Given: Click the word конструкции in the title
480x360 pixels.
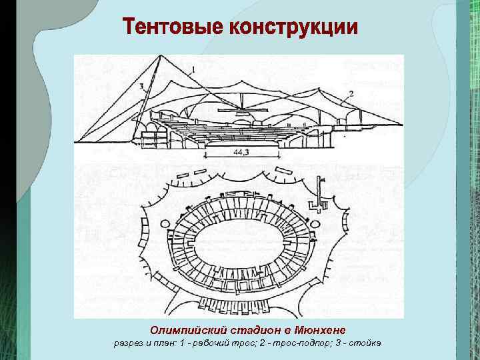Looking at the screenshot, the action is [293, 29].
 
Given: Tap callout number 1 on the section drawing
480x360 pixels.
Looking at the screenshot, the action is [193, 69].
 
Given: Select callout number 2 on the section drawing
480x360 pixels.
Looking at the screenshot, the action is [351, 93].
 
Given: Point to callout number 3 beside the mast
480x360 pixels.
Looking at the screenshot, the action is [143, 86].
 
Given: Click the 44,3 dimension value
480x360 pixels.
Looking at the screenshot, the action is [240, 153].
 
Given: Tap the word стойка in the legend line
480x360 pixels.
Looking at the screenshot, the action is [365, 344].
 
